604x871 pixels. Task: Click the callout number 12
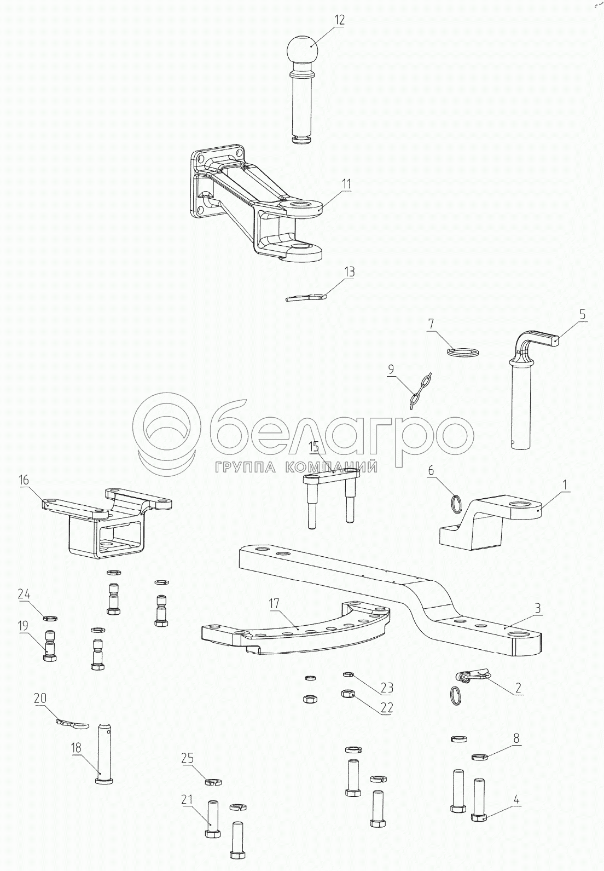339,20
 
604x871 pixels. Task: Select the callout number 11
346,183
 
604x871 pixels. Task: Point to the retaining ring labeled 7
462,352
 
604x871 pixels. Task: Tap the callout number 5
582,314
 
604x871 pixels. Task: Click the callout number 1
565,485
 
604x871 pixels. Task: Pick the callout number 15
313,447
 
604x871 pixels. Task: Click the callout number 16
24,480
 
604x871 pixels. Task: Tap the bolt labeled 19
49,646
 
